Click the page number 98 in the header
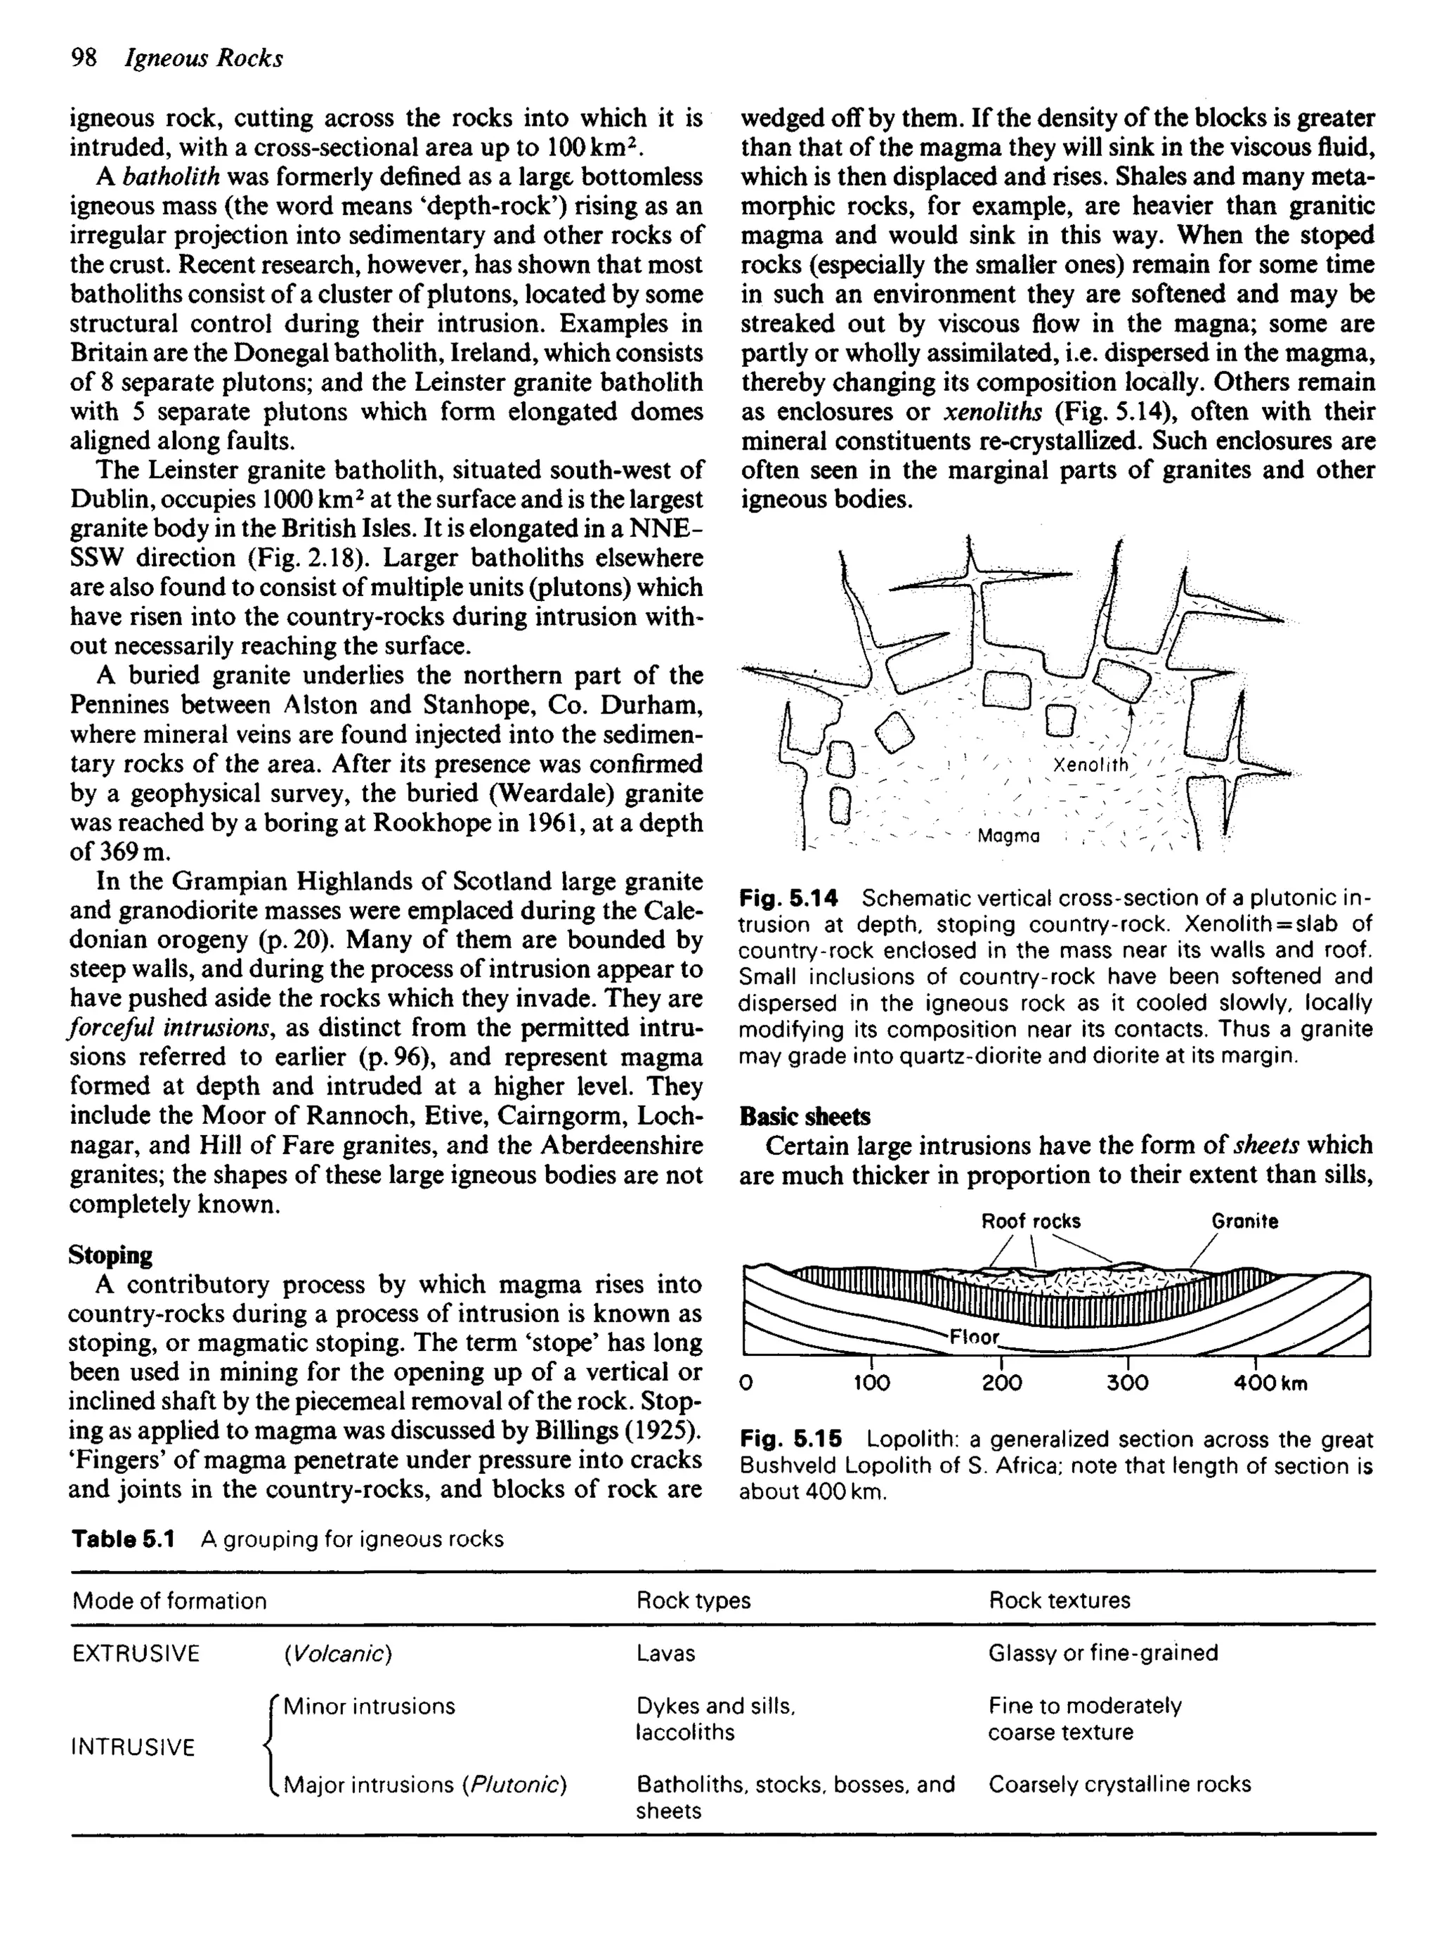click(84, 58)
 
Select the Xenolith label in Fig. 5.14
click(1090, 765)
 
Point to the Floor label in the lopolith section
click(973, 1336)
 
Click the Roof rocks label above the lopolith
click(1031, 1222)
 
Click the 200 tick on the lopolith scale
click(1002, 1383)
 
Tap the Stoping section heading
click(110, 1255)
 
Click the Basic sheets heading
click(804, 1116)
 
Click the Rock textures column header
click(1059, 1600)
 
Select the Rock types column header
click(694, 1600)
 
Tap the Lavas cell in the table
click(665, 1653)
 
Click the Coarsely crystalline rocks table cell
click(1119, 1784)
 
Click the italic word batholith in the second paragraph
click(171, 177)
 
